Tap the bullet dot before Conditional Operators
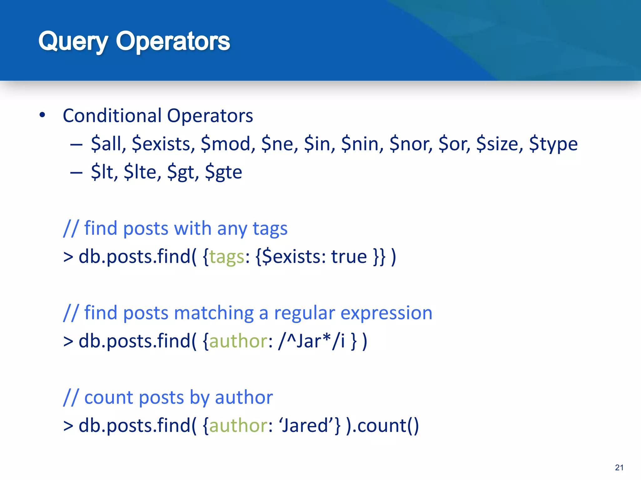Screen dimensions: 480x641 [x=42, y=115]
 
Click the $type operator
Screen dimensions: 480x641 [x=553, y=144]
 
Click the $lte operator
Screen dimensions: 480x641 [x=142, y=172]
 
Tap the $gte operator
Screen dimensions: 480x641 [x=223, y=172]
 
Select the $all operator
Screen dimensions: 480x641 [x=108, y=144]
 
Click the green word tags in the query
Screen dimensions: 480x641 [x=227, y=257]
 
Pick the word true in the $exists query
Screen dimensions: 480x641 [x=349, y=257]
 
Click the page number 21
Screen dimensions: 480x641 [x=619, y=467]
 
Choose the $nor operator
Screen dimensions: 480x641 [x=411, y=144]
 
